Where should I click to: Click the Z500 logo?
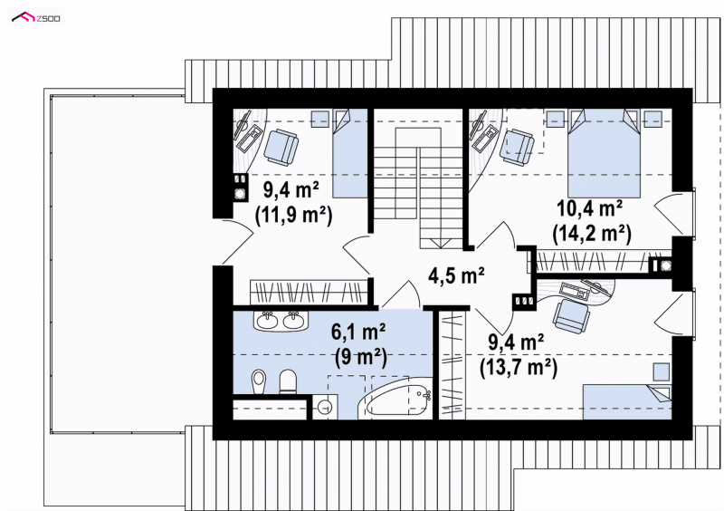36,17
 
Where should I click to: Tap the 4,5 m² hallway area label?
456,275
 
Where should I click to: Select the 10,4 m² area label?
590,208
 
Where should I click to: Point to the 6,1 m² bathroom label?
358,331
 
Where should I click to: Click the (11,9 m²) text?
293,215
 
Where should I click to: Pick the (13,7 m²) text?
519,368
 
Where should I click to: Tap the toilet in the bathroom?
288,381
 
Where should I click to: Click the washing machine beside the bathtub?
325,407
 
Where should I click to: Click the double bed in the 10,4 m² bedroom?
604,153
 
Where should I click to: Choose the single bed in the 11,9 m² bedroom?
349,153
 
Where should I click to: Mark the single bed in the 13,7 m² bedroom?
627,402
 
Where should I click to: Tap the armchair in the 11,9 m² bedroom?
281,147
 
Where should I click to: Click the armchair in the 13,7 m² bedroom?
572,316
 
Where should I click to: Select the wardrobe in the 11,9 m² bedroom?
309,293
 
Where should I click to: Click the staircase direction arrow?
440,244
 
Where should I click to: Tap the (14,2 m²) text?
592,234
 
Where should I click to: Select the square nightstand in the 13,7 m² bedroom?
662,372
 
